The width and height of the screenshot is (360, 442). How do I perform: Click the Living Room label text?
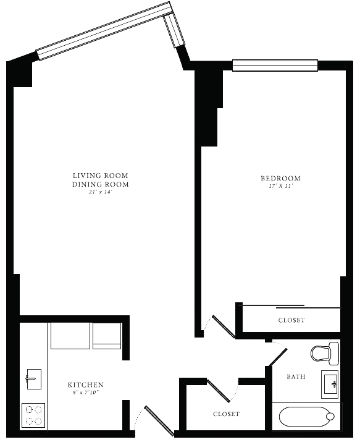[101, 176]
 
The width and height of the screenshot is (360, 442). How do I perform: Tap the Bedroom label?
[280, 178]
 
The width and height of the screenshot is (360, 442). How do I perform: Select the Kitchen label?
[86, 385]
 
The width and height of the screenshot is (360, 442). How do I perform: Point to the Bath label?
[296, 376]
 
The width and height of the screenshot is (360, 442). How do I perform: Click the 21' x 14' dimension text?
[101, 192]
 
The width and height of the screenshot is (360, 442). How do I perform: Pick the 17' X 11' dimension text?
[280, 186]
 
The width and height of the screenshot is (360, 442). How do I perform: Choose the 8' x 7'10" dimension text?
[86, 392]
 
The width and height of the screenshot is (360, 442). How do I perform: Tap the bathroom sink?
[330, 385]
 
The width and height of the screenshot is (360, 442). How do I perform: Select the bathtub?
[306, 416]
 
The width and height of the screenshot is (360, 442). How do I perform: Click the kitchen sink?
[34, 379]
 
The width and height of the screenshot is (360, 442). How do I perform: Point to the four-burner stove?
[33, 415]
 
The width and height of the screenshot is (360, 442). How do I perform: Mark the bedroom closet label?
[291, 320]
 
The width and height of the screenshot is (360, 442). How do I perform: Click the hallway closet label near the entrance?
[226, 414]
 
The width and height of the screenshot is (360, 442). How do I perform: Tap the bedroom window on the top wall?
[275, 66]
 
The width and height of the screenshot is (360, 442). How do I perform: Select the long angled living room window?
[104, 31]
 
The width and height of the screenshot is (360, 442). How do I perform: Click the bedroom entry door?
[224, 326]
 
